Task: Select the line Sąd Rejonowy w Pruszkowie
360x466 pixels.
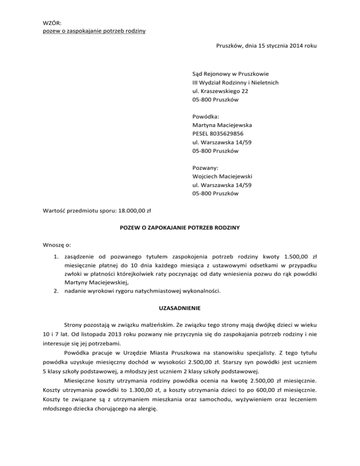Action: point(230,74)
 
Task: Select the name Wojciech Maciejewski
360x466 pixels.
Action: point(223,176)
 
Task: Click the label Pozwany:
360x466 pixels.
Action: point(204,168)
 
